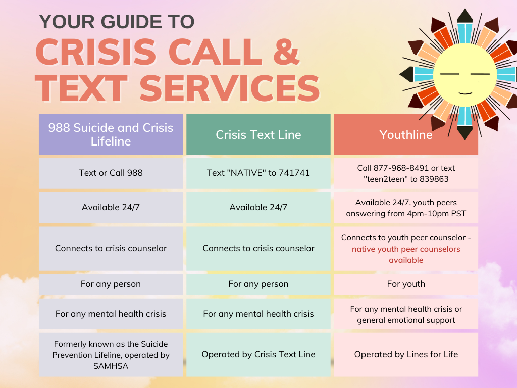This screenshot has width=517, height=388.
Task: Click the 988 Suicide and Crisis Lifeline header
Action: (111, 134)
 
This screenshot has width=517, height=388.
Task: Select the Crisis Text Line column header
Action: (258, 134)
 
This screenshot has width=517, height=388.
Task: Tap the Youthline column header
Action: (406, 134)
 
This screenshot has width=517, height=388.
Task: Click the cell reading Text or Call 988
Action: (111, 173)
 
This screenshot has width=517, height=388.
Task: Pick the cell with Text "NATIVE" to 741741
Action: (258, 173)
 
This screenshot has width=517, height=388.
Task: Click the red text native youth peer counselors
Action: (406, 249)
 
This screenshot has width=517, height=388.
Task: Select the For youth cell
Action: (406, 284)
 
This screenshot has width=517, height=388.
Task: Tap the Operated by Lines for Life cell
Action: (406, 354)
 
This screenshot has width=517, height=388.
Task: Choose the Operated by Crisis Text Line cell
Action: (258, 354)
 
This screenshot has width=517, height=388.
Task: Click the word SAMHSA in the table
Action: (111, 366)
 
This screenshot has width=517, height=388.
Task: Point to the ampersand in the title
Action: (286, 52)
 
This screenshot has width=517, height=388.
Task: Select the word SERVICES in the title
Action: (230, 88)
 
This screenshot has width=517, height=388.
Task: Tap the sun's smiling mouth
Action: (465, 93)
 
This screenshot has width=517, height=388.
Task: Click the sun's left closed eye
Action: (449, 74)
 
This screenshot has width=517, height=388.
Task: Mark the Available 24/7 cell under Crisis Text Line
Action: (258, 208)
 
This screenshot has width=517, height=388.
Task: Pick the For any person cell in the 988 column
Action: (111, 284)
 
